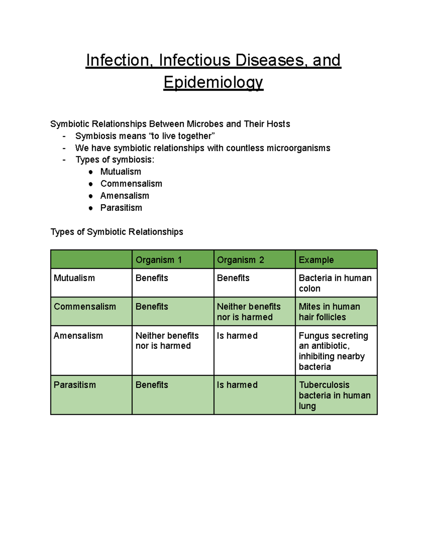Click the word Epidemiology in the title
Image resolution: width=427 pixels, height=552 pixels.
click(x=213, y=82)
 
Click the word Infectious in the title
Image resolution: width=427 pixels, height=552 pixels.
click(x=195, y=60)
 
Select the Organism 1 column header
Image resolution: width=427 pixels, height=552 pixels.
click(x=159, y=260)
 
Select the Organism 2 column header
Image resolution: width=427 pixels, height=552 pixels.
click(x=241, y=260)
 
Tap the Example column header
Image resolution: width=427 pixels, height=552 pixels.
click(x=316, y=260)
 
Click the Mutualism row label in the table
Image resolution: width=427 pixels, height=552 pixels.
click(x=74, y=278)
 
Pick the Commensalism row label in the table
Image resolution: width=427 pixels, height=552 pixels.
click(x=85, y=306)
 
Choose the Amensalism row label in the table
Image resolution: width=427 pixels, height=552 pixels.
click(x=78, y=336)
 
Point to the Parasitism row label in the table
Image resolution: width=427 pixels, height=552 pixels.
click(x=75, y=385)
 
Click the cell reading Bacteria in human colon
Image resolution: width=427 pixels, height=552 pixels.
click(x=335, y=283)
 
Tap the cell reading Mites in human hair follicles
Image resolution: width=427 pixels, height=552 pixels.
click(x=329, y=312)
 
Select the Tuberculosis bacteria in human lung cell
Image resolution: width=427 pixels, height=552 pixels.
click(x=334, y=395)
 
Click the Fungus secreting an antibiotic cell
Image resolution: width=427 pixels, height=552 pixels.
click(x=333, y=351)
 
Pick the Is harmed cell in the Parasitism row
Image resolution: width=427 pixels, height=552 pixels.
click(x=237, y=385)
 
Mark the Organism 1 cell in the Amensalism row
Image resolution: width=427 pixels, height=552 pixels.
click(x=167, y=341)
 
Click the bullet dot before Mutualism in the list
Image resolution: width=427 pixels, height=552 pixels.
click(x=91, y=172)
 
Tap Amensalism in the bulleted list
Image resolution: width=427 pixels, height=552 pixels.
click(x=125, y=196)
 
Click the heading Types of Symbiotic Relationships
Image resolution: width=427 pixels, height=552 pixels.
click(x=117, y=232)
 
